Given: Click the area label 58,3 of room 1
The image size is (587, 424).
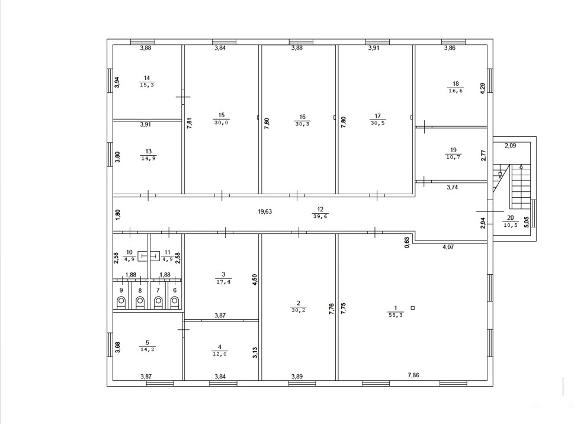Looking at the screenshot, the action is (395, 316).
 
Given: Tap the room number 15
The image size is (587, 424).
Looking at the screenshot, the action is (222, 115).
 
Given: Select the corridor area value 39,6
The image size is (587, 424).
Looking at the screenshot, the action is (320, 216).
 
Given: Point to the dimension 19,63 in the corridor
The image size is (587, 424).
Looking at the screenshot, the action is (265, 211).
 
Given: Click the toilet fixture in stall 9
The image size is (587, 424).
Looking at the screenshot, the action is (121, 301).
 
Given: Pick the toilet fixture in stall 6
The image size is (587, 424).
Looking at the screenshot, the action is (175, 301).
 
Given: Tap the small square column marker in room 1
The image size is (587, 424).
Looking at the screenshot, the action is (413, 308).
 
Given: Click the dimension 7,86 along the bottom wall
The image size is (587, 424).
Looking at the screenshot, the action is (413, 375).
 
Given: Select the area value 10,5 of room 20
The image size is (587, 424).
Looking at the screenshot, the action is (510, 225).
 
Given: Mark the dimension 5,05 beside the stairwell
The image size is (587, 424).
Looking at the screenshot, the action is (527, 222).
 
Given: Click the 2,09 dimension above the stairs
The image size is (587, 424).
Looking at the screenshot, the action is (510, 146).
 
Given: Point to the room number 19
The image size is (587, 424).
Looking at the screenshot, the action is (453, 150).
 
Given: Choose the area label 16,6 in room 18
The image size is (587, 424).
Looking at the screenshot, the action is (456, 91).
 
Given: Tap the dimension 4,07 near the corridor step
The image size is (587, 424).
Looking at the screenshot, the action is (448, 247).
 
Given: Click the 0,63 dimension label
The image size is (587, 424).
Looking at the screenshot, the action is (408, 243).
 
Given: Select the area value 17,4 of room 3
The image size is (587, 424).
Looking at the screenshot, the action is (223, 281).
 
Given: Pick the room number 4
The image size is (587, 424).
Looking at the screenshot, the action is (220, 347).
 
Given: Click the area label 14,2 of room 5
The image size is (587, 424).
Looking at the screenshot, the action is (147, 349).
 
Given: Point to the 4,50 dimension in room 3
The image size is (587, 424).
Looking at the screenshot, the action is (255, 280).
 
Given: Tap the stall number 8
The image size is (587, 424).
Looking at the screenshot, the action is (140, 290).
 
